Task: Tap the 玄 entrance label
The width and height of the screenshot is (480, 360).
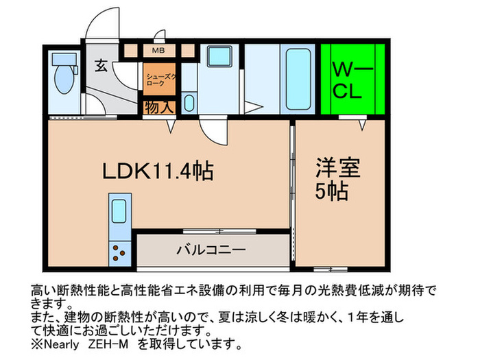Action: [101, 66]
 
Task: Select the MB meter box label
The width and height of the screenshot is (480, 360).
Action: [158, 50]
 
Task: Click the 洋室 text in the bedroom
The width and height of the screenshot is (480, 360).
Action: [338, 167]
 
